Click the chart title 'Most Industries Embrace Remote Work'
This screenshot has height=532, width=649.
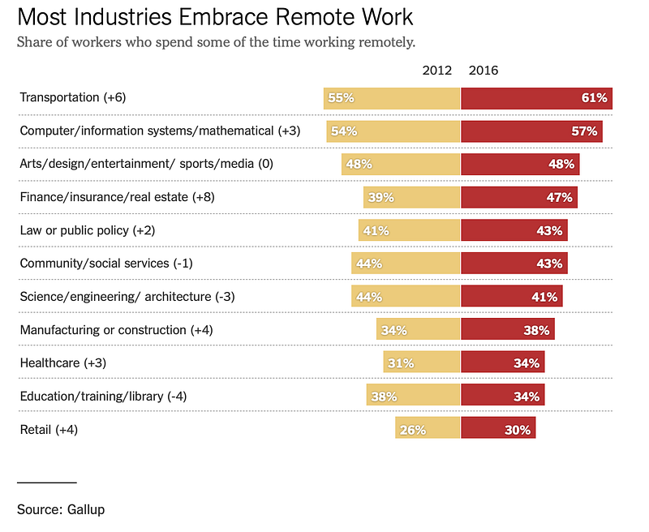pos(215,17)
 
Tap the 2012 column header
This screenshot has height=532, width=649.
pos(436,71)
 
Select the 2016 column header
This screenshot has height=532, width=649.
pos(483,71)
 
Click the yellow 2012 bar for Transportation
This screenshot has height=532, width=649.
pos(392,98)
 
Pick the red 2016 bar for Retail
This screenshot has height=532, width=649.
pos(498,427)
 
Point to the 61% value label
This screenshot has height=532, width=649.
pos(595,98)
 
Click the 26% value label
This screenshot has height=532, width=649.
pos(413,431)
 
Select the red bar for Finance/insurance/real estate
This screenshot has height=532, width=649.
pos(519,197)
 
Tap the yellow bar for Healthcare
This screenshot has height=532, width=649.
pos(421,362)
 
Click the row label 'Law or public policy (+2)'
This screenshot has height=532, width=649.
pos(88,230)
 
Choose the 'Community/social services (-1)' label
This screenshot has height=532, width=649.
pos(106,264)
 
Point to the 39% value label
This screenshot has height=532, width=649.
pos(380,197)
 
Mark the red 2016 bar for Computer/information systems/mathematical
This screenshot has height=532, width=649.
pos(532,131)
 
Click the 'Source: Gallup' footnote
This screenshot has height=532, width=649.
pos(61,509)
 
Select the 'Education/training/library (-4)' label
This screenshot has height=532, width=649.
pos(103,397)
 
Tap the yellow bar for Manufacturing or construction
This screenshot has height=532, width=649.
pos(418,328)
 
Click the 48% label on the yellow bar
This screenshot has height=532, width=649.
pos(359,165)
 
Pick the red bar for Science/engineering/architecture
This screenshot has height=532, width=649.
pos(512,296)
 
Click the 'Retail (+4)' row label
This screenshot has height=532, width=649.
pos(49,429)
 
